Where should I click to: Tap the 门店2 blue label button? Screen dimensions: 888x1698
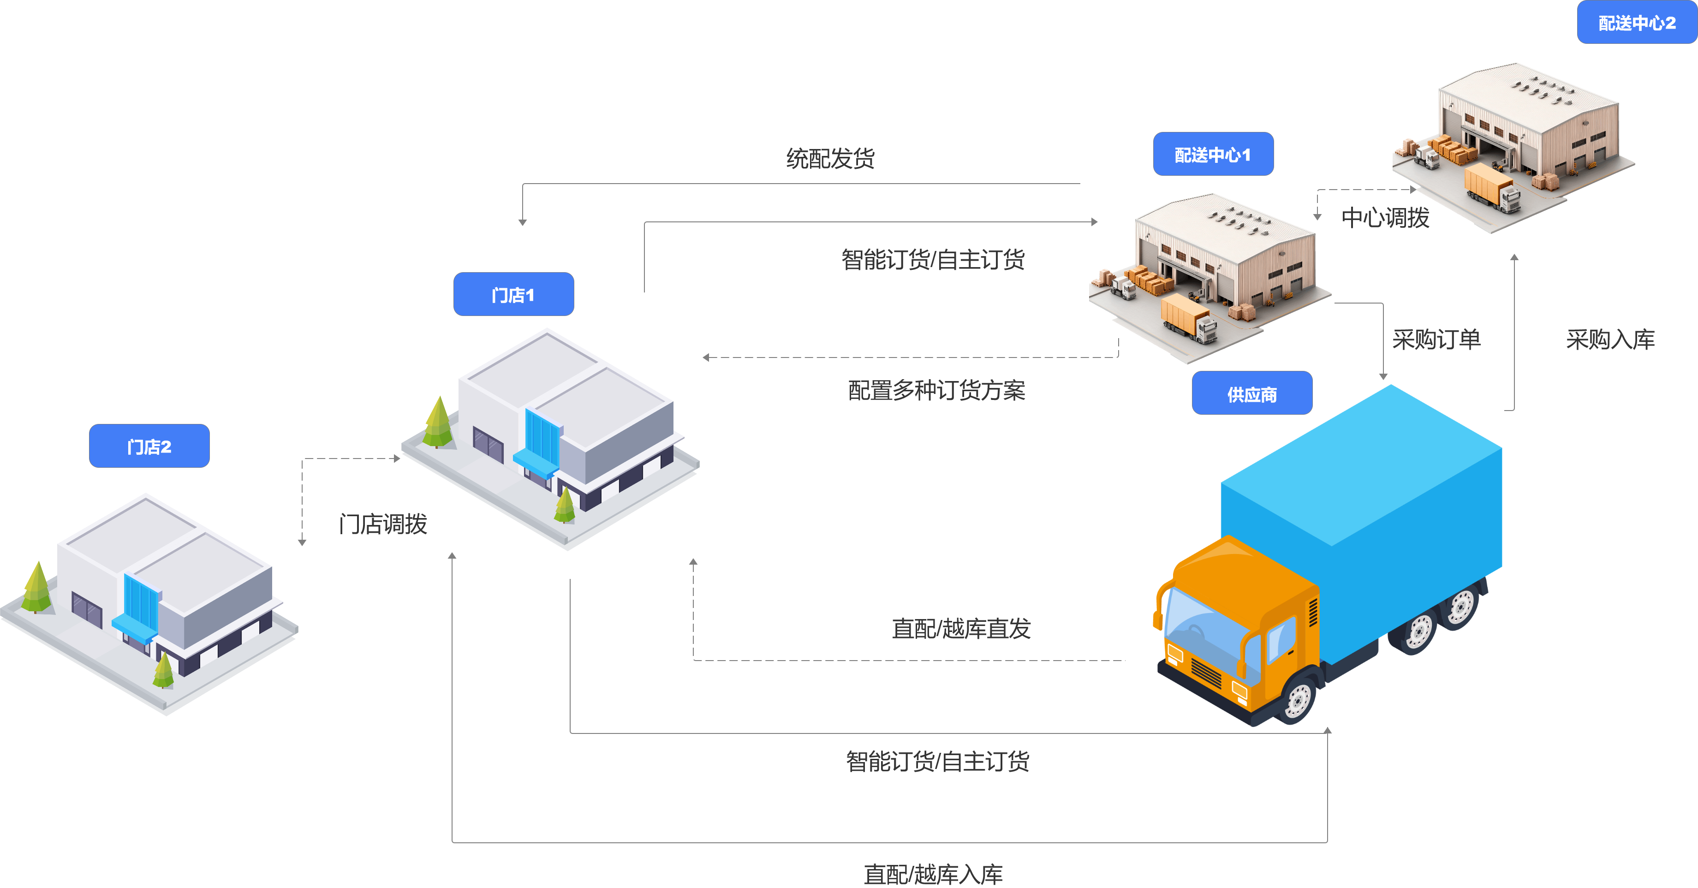pos(149,447)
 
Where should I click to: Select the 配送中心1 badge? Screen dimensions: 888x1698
pos(1213,154)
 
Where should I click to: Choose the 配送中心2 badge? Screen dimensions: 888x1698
pos(1637,23)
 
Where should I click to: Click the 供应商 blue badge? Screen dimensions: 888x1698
pos(1252,393)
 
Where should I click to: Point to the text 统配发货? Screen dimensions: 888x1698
pos(830,158)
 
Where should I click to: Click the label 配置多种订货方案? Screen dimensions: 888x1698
pos(936,390)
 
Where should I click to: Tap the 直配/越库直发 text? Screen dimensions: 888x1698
pos(961,628)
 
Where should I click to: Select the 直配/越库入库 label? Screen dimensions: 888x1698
pos(933,874)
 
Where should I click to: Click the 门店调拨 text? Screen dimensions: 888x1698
pos(383,524)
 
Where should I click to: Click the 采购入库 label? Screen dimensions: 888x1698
pos(1610,340)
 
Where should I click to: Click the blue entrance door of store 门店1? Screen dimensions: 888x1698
pos(542,438)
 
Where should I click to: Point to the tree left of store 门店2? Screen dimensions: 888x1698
pos(37,587)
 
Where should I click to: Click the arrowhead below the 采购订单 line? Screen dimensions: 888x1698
pos(1383,376)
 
